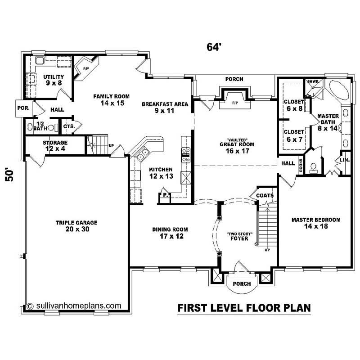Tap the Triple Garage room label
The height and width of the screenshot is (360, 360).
pyautogui.click(x=76, y=226)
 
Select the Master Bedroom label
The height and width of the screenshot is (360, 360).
pyautogui.click(x=315, y=223)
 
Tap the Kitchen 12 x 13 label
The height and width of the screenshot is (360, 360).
pyautogui.click(x=161, y=172)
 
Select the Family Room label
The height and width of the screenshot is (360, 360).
pyautogui.click(x=112, y=99)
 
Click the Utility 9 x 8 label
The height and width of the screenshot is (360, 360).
pyautogui.click(x=54, y=80)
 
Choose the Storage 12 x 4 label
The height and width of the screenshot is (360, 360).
pyautogui.click(x=55, y=145)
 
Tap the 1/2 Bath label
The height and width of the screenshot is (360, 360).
pyautogui.click(x=40, y=126)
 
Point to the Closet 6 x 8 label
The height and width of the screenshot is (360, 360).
pyautogui.click(x=294, y=104)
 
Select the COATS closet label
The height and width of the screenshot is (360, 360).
pyautogui.click(x=265, y=195)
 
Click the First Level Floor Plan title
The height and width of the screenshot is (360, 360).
pyautogui.click(x=244, y=308)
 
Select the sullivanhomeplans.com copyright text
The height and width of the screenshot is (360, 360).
pyautogui.click(x=75, y=305)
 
